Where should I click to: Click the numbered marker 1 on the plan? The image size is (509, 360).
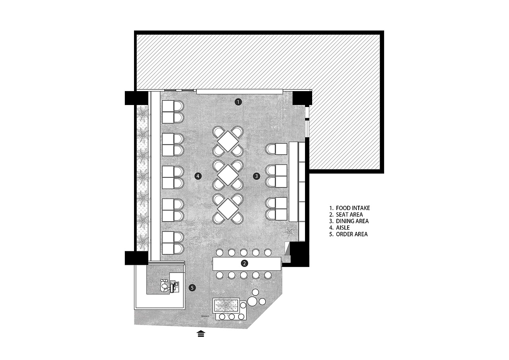coord(238,102)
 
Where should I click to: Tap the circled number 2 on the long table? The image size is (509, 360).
coord(244,263)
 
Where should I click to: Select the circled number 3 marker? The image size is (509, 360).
coord(256,176)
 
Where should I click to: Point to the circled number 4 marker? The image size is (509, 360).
coord(198,176)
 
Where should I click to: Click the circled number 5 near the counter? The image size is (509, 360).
coord(192,288)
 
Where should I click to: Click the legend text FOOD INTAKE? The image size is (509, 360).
coord(353,208)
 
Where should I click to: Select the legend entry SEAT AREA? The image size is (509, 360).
coord(349,214)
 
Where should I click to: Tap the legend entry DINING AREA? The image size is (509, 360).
coord(352,221)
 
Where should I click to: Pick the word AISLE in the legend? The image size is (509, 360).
coord(343,228)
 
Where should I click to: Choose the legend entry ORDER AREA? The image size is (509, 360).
coord(352,234)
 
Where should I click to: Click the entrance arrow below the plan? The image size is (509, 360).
coord(201,334)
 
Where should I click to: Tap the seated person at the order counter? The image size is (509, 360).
coord(164,286)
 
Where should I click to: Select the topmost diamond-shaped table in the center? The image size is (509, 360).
coord(228,141)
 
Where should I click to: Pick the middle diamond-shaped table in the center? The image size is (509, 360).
coord(228,175)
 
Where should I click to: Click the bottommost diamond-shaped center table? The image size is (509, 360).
coord(228,209)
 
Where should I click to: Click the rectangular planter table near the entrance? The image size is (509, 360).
coord(226,305)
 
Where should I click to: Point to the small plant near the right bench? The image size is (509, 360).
coord(290,232)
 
